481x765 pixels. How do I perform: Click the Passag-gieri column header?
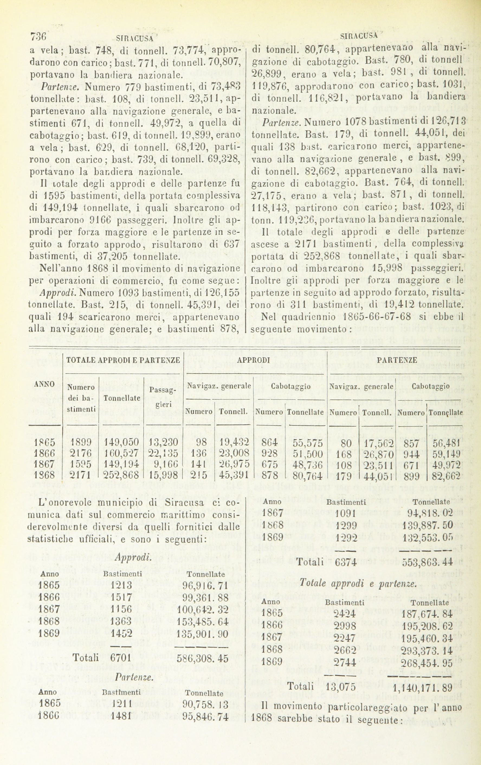164,397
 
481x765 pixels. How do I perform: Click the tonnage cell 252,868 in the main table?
121,474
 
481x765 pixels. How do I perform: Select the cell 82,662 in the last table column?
447,474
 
